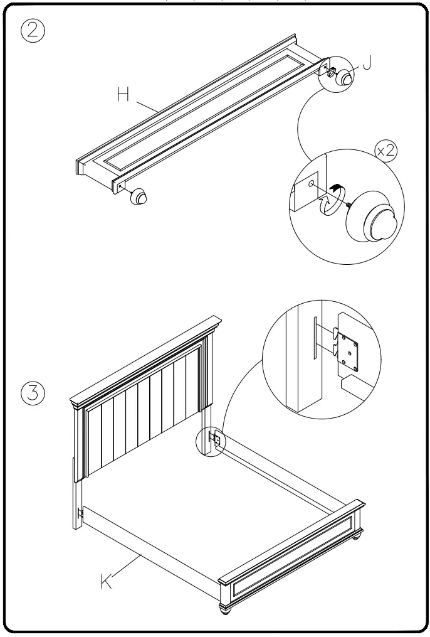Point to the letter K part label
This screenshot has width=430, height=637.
point(108,581)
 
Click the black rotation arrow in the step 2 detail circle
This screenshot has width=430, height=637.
point(337,186)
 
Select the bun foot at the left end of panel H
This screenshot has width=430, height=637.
point(139,198)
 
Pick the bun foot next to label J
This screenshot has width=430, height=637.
point(344,78)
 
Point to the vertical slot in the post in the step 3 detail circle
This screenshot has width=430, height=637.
point(315,338)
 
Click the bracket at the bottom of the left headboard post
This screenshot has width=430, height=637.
point(80,513)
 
